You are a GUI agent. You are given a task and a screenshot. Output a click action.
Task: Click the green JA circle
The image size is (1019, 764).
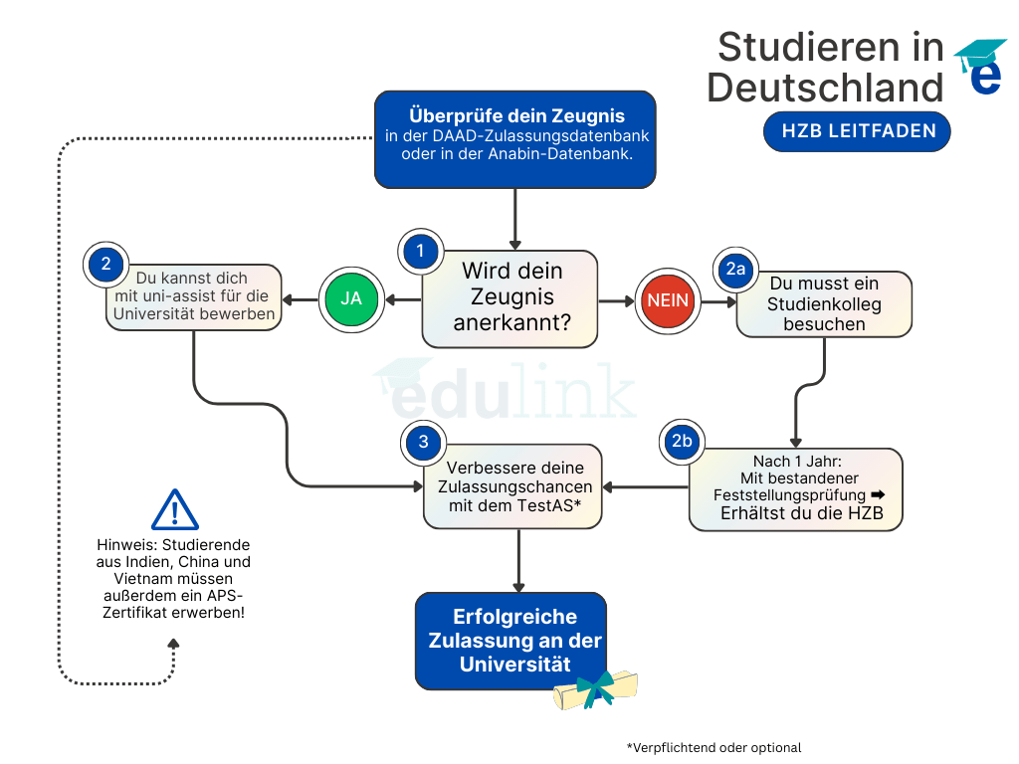click(x=352, y=298)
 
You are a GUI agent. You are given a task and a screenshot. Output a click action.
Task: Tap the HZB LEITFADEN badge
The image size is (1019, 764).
click(x=857, y=131)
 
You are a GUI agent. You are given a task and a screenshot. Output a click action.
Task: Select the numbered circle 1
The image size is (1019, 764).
click(x=420, y=251)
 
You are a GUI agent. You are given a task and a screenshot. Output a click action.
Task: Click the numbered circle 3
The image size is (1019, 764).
click(x=423, y=443)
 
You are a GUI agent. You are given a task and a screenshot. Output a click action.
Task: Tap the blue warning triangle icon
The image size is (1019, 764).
click(x=175, y=510)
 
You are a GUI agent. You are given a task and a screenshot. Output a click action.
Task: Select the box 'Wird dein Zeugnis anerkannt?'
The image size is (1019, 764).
click(x=511, y=297)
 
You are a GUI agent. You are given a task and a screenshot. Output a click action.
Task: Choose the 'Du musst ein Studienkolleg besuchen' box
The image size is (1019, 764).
click(x=824, y=304)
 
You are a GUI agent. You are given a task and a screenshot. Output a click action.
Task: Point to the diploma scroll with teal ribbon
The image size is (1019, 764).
click(x=596, y=688)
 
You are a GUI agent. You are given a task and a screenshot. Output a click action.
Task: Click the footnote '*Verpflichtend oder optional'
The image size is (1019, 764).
click(x=713, y=747)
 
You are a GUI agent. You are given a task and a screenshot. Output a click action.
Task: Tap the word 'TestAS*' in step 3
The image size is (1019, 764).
click(x=548, y=505)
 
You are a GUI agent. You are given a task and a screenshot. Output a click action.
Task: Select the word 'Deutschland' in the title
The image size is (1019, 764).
click(x=825, y=88)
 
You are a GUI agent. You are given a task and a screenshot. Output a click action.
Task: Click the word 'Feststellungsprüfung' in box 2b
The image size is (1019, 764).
click(x=789, y=494)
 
